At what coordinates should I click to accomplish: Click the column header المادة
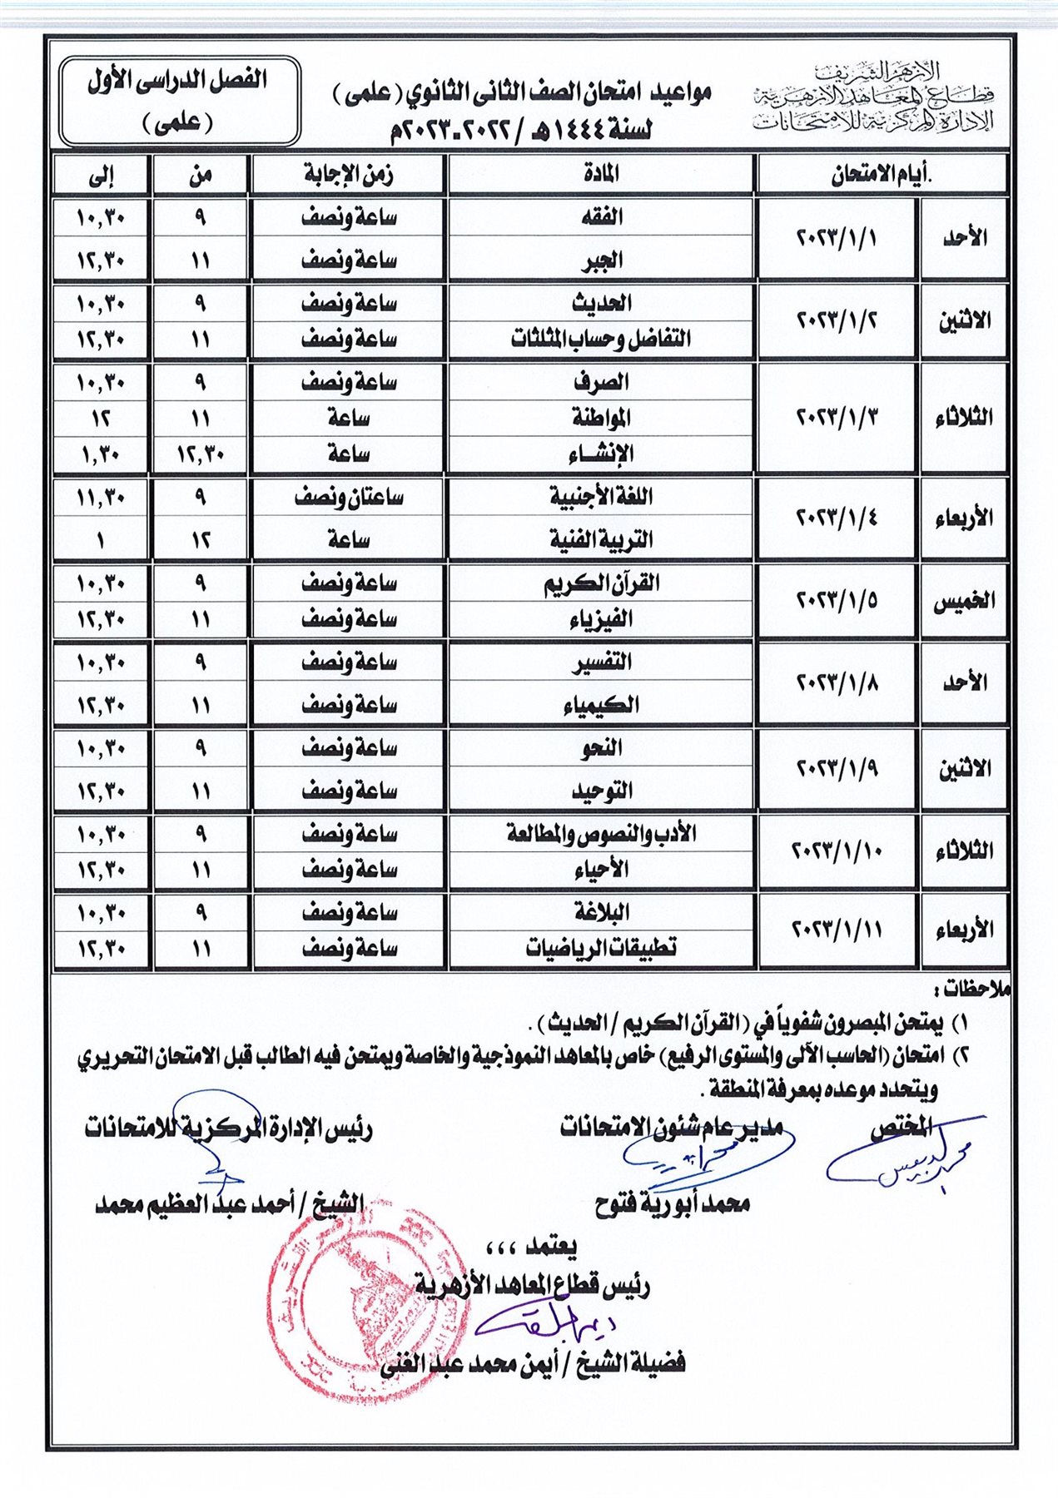[x=601, y=175]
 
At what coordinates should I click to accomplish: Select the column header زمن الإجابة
[x=348, y=175]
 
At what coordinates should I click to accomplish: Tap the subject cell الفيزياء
[x=601, y=619]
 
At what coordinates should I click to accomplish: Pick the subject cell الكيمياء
[x=601, y=706]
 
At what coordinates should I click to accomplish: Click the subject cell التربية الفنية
[x=601, y=540]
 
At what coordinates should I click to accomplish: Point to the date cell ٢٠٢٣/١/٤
[x=837, y=518]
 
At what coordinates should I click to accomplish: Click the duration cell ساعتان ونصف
[x=348, y=498]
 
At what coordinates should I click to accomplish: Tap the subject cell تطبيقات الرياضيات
[x=601, y=948]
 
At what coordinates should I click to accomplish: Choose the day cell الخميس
[x=964, y=601]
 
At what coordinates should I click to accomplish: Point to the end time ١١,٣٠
[x=101, y=498]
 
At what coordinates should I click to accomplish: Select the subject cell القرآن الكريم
[x=601, y=583]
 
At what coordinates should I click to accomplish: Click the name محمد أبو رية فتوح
[x=673, y=1203]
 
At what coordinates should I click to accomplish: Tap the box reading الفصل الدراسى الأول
[x=179, y=101]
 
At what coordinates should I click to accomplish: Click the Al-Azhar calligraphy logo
[x=874, y=98]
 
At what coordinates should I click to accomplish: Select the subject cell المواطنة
[x=601, y=418]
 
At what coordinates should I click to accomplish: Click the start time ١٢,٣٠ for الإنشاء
[x=200, y=454]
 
